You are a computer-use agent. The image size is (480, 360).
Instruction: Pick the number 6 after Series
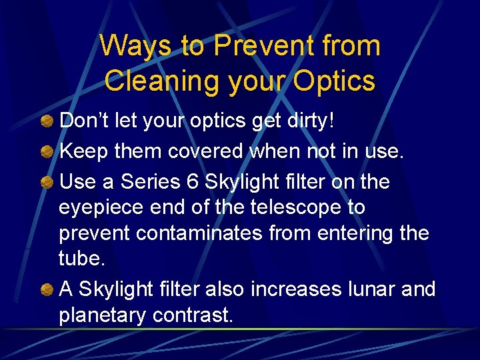click(x=194, y=181)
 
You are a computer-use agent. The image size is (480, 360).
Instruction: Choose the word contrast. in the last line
click(x=193, y=315)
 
